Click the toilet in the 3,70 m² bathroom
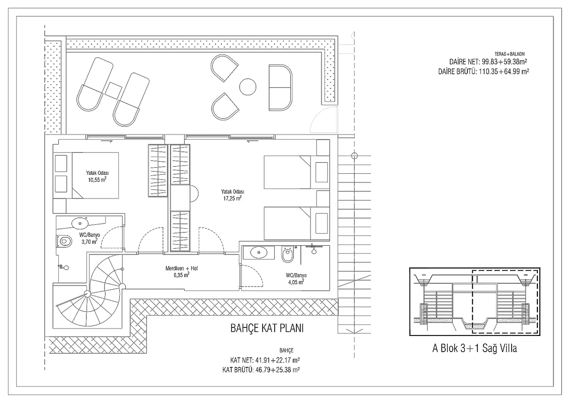tap(63, 241)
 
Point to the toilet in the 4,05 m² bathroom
tap(287, 255)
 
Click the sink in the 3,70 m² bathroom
tap(79, 222)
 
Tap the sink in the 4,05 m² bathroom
tap(259, 252)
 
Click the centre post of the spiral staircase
tap(87, 294)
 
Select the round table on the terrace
tap(248, 87)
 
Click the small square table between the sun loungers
tap(114, 90)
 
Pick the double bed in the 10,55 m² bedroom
tap(95, 175)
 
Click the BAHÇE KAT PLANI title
tap(267, 328)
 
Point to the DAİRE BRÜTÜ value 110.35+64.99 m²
tap(504, 72)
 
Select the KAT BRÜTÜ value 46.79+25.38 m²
tap(278, 370)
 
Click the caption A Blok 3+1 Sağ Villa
tap(474, 349)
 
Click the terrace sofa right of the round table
tap(280, 87)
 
